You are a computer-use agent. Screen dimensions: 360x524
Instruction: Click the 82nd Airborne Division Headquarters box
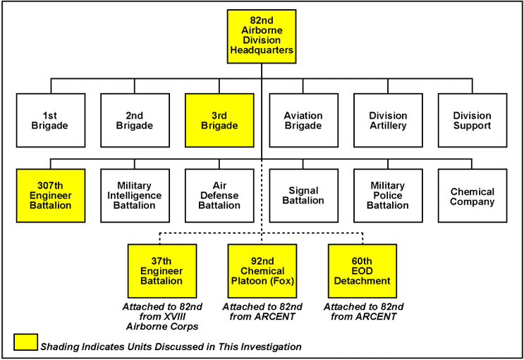click(262, 36)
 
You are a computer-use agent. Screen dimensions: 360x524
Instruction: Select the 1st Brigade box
click(51, 120)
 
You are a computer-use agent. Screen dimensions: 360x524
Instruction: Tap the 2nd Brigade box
click(135, 120)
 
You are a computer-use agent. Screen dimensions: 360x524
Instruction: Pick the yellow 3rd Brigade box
click(219, 120)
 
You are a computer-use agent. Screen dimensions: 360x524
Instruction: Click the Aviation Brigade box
click(303, 120)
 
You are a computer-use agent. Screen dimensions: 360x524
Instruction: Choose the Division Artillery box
click(388, 120)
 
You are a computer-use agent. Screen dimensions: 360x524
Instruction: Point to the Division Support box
click(472, 120)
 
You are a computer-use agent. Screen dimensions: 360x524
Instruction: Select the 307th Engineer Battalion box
click(51, 196)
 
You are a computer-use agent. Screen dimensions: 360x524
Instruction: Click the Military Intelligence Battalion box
click(135, 196)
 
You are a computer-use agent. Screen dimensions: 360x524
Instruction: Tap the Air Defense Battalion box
click(219, 196)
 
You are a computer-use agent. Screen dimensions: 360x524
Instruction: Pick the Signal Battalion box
click(303, 196)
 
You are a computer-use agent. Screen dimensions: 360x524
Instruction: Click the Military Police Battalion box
click(388, 196)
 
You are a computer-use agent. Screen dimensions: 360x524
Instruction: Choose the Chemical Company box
click(472, 196)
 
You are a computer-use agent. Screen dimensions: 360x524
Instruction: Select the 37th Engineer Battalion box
click(162, 270)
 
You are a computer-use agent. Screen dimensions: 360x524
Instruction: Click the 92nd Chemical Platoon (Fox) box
click(262, 270)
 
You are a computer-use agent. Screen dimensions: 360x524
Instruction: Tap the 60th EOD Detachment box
click(362, 270)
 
